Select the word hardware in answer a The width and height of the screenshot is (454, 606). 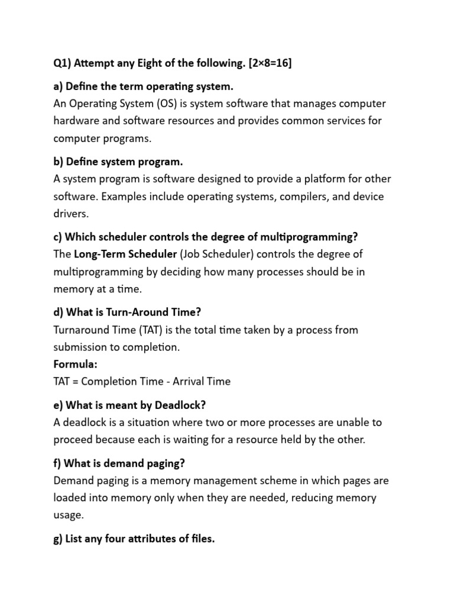pyautogui.click(x=77, y=121)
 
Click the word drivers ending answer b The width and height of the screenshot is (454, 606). pyautogui.click(x=70, y=213)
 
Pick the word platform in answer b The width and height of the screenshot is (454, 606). pyautogui.click(x=311, y=179)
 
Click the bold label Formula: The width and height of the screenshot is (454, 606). pyautogui.click(x=75, y=364)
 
